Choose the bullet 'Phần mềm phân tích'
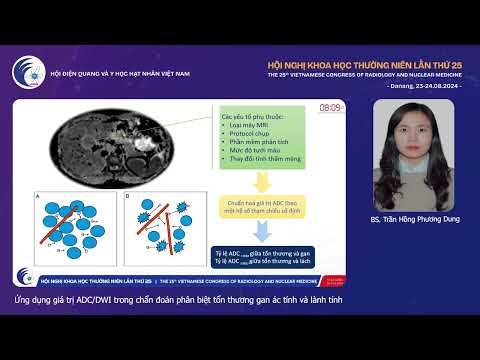pyautogui.click(x=252, y=143)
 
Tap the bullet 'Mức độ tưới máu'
pyautogui.click(x=249, y=152)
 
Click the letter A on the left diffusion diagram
pyautogui.click(x=38, y=196)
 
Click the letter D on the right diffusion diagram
pyautogui.click(x=127, y=196)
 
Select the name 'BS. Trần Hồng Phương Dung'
pyautogui.click(x=412, y=219)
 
